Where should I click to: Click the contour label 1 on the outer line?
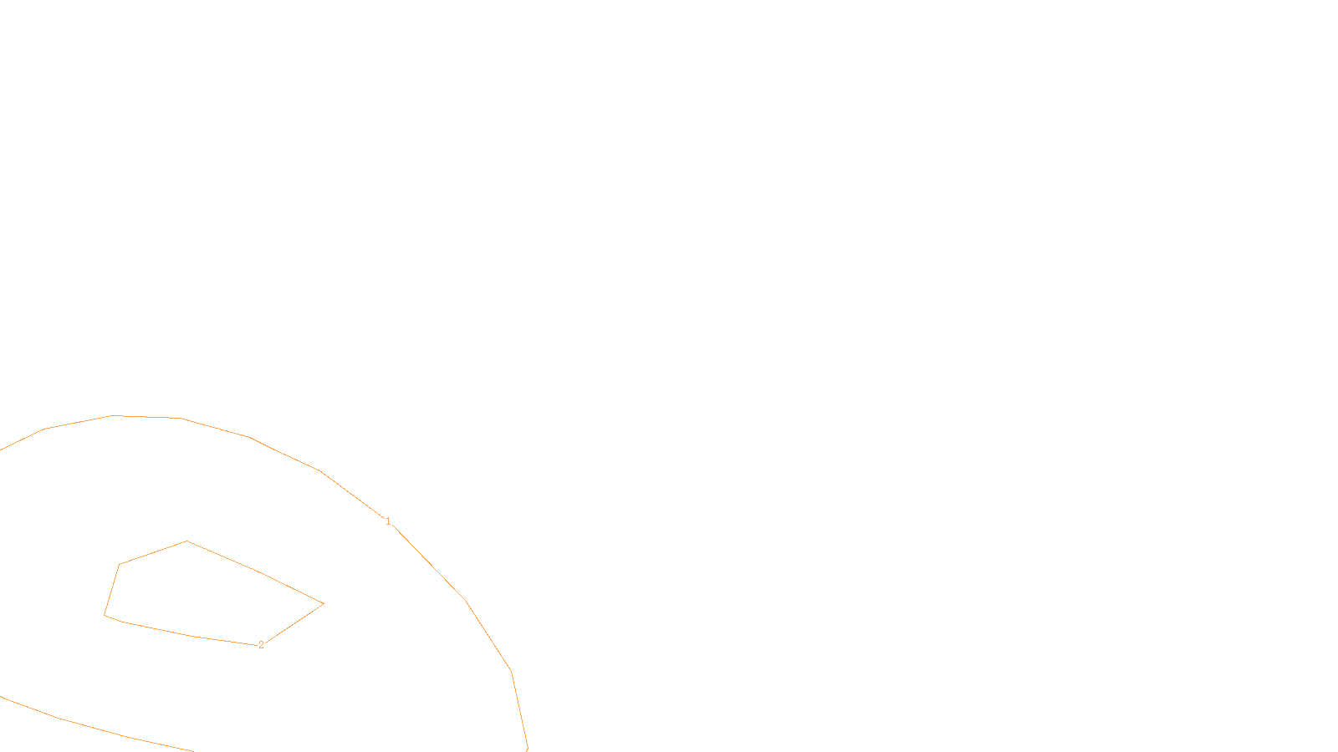click(x=388, y=521)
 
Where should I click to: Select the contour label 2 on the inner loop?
click(x=261, y=645)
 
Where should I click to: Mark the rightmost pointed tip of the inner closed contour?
click(x=324, y=603)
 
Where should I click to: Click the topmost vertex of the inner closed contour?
click(x=186, y=541)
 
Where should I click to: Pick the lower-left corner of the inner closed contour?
click(x=105, y=615)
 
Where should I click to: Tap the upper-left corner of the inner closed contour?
click(x=120, y=565)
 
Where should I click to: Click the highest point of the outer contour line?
click(x=113, y=415)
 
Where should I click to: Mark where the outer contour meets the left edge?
click(x=1, y=450)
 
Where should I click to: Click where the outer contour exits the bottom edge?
click(x=528, y=749)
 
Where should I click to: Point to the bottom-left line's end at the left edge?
click(x=1, y=696)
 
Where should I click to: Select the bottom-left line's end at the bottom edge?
click(x=194, y=750)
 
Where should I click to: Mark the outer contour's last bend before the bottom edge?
click(x=511, y=671)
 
